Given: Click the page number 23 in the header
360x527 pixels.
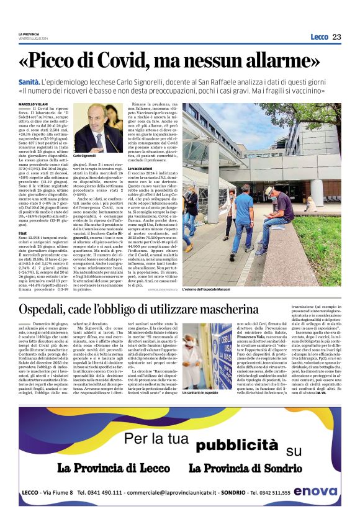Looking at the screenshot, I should [336, 37].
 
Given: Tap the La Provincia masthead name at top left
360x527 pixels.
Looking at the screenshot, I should [29, 34].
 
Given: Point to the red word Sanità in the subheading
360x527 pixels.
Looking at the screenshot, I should [29, 81].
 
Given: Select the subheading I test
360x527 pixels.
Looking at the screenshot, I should [23, 233].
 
